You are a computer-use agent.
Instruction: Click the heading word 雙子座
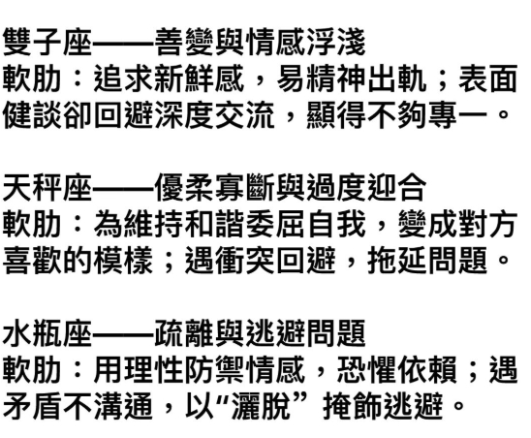[x=47, y=43]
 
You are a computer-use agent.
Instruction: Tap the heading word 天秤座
[x=47, y=187]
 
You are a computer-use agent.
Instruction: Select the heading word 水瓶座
[x=47, y=332]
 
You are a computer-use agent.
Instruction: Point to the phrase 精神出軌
[x=367, y=78]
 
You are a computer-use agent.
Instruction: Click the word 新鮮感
[x=200, y=78]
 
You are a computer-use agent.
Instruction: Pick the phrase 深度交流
[x=215, y=115]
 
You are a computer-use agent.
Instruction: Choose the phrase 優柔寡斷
[x=215, y=187]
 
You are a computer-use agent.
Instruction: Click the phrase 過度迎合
[x=367, y=187]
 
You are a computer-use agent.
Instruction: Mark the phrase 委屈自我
[x=306, y=224]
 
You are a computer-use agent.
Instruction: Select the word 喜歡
[x=33, y=260]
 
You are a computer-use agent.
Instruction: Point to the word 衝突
[x=245, y=260]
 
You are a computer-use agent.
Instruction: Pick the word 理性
[x=154, y=369]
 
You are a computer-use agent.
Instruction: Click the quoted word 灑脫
[x=260, y=405]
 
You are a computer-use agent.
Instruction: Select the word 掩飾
[x=352, y=405]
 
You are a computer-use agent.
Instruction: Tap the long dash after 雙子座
[x=123, y=43]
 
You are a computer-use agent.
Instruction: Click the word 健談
[x=33, y=115]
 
